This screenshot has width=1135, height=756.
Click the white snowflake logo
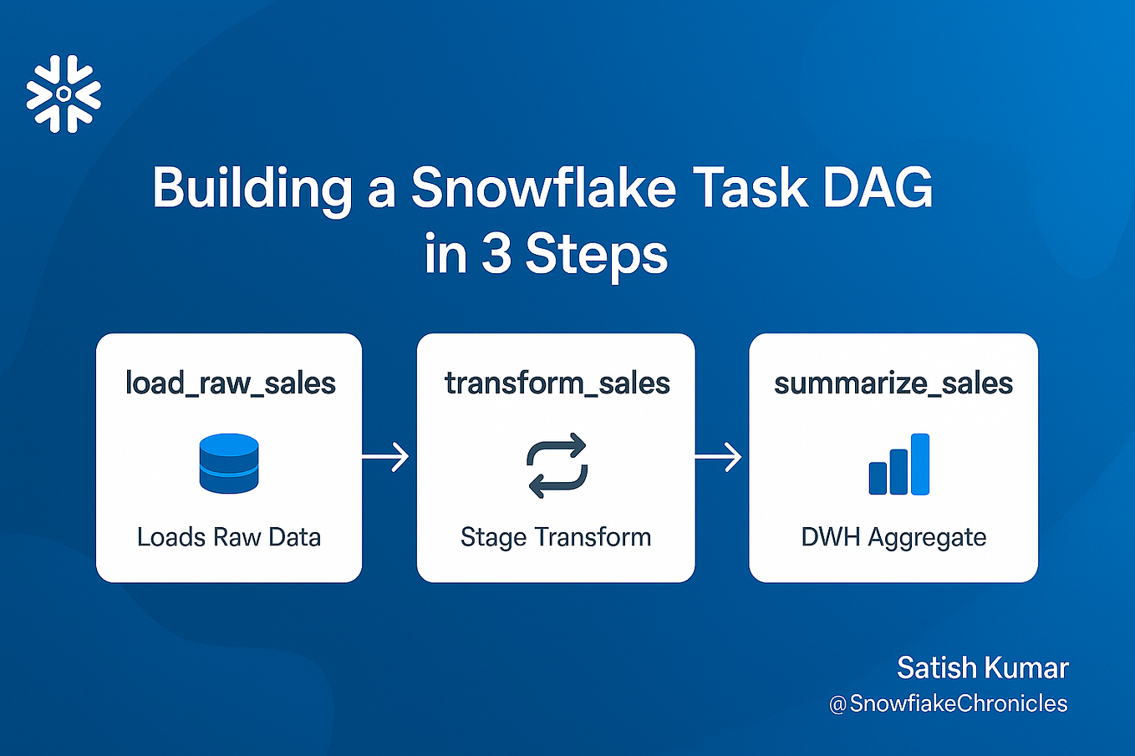64,94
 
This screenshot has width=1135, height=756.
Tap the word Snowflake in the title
543,186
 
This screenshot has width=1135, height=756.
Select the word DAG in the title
878,187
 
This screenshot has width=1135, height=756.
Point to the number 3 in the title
496,253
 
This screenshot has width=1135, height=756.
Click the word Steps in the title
597,256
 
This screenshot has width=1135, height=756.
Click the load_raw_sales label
231,383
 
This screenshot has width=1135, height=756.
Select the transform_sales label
557,383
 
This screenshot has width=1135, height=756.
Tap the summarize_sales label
893,383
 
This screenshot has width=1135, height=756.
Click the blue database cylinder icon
229,464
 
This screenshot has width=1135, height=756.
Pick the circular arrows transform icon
557,465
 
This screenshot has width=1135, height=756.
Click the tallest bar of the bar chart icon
920,464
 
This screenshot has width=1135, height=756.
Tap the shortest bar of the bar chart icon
878,478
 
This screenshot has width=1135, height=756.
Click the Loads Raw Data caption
229,537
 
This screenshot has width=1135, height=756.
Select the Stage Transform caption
556,538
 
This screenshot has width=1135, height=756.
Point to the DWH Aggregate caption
893,538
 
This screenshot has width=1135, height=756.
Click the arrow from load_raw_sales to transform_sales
385,457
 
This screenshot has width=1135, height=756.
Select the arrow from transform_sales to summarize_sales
719,457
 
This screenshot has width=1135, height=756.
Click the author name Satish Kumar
983,667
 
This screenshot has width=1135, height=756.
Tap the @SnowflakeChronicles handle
948,703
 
